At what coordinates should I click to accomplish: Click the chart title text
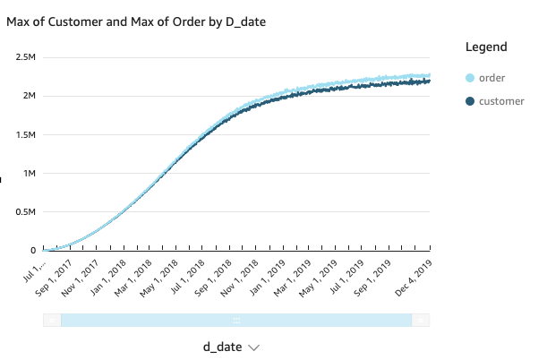tap(135, 21)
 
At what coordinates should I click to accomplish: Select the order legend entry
tap(492, 78)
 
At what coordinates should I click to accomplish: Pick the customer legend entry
tap(501, 101)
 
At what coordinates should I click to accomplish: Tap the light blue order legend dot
tap(470, 78)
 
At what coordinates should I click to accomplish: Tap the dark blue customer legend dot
tap(470, 101)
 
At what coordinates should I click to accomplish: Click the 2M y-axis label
tap(27, 96)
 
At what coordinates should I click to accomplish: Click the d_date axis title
tap(222, 347)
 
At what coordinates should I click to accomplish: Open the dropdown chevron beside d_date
tap(254, 347)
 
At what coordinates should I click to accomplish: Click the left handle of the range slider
tap(53, 320)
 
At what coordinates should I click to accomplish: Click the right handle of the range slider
tap(421, 320)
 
